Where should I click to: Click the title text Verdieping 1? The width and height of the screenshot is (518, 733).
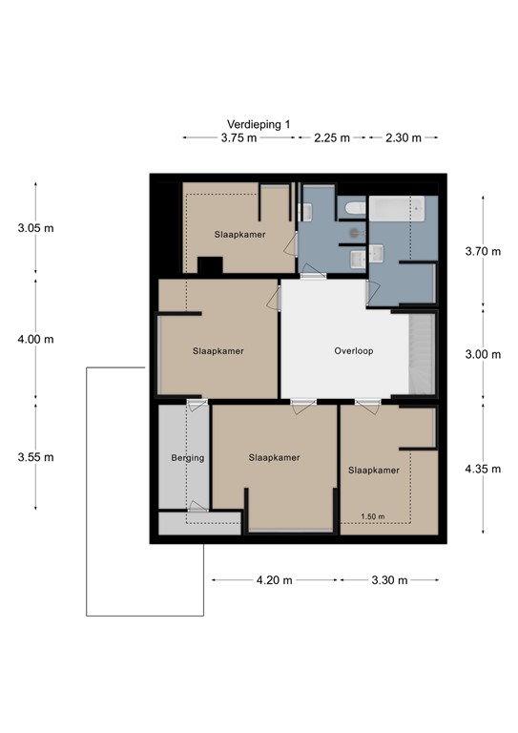tap(259, 124)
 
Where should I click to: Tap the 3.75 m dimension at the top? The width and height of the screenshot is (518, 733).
tap(238, 138)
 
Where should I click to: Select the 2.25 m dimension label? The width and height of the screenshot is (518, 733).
tap(331, 138)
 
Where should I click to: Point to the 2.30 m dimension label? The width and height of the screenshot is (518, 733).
tap(404, 138)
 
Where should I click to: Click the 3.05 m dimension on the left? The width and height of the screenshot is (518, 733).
tap(36, 228)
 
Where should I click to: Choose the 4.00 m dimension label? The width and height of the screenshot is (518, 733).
tap(36, 339)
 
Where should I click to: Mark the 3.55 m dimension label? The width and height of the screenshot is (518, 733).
tap(36, 457)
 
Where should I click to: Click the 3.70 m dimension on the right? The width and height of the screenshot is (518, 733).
tap(482, 252)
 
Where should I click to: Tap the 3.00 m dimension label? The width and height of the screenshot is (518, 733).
tap(482, 354)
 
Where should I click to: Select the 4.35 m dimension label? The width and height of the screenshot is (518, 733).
tap(482, 469)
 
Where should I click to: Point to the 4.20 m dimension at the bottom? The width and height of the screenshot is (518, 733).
tap(274, 580)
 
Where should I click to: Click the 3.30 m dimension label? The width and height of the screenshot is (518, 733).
tap(388, 580)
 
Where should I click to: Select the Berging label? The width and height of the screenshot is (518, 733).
tap(188, 458)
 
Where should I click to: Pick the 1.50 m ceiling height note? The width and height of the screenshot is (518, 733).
tap(373, 517)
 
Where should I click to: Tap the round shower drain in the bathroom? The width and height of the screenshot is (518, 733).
tap(351, 231)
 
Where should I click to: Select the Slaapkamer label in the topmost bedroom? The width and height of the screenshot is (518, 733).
tap(239, 235)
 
